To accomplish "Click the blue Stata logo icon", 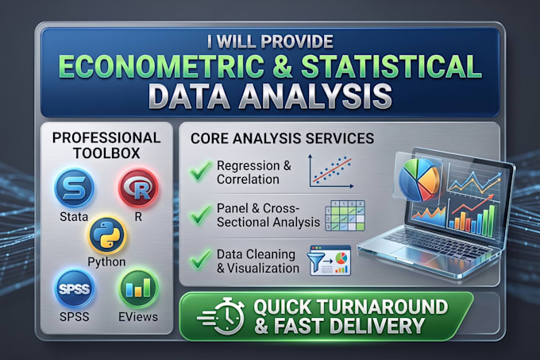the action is click(74, 188).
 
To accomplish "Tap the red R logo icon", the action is click(138, 188).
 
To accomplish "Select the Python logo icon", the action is click(107, 235).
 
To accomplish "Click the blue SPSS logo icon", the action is click(74, 288).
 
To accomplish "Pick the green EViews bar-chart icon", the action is click(138, 288).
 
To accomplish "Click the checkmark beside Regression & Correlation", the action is click(200, 171).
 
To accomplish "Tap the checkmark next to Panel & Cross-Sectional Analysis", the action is click(201, 215).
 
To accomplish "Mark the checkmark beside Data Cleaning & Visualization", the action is click(201, 259).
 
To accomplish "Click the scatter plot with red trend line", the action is click(331, 171).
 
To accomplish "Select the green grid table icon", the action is click(345, 215).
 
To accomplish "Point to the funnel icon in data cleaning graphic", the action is click(318, 260).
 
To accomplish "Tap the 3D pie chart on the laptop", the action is click(419, 179).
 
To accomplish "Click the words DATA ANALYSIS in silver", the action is click(272, 96).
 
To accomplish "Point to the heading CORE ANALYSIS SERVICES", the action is click(283, 138).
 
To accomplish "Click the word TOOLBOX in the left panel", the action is click(106, 153).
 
